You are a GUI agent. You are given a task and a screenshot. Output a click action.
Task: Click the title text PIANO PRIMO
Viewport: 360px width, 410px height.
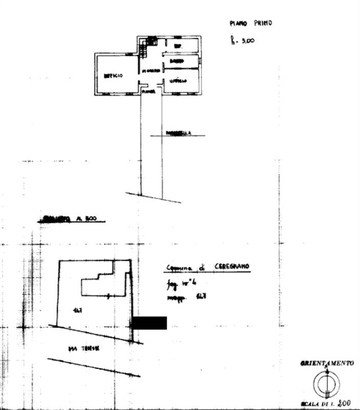pyautogui.click(x=250, y=23)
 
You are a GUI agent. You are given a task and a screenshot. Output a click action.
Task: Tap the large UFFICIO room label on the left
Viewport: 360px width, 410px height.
pyautogui.click(x=113, y=76)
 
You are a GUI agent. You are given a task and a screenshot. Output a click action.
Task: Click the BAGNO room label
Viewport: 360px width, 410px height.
pyautogui.click(x=177, y=62)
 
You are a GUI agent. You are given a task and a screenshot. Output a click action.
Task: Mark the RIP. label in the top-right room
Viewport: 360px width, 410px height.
pyautogui.click(x=178, y=46)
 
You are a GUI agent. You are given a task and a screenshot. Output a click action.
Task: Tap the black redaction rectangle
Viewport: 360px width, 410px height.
pyautogui.click(x=149, y=323)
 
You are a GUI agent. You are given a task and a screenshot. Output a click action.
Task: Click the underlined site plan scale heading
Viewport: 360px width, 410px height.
pyautogui.click(x=71, y=219)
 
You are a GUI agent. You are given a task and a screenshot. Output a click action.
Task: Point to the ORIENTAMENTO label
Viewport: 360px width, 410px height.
pyautogui.click(x=327, y=363)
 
